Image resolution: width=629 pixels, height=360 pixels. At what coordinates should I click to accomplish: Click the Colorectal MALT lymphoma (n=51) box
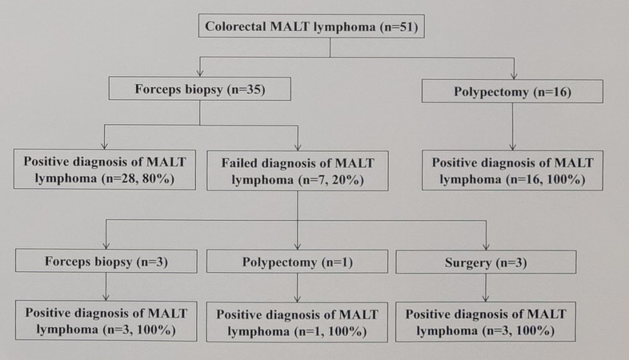311,26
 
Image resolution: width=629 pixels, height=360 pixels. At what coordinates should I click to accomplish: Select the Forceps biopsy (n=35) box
200,89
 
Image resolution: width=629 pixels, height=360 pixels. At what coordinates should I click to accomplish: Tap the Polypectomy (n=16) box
512,91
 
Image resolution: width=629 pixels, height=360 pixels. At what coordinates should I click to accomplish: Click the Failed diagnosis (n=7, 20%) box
298,170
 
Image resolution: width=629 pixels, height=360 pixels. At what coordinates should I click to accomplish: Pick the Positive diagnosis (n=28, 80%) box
105,170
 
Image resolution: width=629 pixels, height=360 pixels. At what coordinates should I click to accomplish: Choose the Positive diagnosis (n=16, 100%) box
512,170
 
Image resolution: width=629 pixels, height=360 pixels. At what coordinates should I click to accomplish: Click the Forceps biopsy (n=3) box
106,262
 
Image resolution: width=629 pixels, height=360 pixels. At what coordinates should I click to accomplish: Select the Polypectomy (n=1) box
297,262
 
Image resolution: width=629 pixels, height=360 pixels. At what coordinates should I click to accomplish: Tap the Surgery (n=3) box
486,262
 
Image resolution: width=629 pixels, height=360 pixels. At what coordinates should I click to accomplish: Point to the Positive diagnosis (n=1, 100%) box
297,322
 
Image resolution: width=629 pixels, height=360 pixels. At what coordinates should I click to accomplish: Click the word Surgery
467,263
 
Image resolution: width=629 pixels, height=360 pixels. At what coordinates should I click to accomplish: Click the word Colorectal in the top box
235,26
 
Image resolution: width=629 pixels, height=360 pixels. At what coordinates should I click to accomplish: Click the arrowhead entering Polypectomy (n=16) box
514,76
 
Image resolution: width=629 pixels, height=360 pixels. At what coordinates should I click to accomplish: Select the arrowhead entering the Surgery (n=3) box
487,246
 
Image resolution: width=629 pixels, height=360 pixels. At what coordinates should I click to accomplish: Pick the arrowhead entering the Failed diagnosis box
298,147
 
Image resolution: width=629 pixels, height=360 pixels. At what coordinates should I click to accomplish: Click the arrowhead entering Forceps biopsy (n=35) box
200,73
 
